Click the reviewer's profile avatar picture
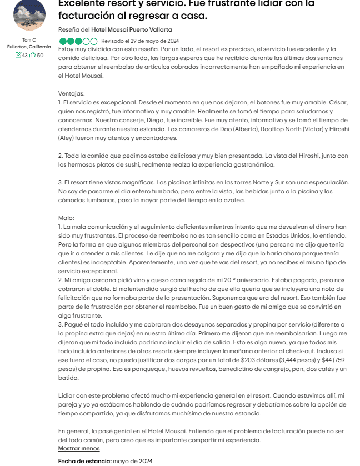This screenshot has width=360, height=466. (29, 16)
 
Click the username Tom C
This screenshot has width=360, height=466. (29, 40)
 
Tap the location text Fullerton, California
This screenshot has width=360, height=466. (29, 47)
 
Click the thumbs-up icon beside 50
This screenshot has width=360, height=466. (33, 54)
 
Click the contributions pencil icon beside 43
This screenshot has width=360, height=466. (18, 54)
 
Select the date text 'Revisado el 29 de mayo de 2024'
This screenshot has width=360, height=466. (139, 41)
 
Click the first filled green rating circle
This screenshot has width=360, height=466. (62, 41)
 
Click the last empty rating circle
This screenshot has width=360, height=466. (93, 41)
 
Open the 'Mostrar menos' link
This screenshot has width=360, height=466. (79, 448)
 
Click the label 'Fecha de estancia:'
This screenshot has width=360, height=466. (84, 461)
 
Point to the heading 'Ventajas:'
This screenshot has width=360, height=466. (72, 93)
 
